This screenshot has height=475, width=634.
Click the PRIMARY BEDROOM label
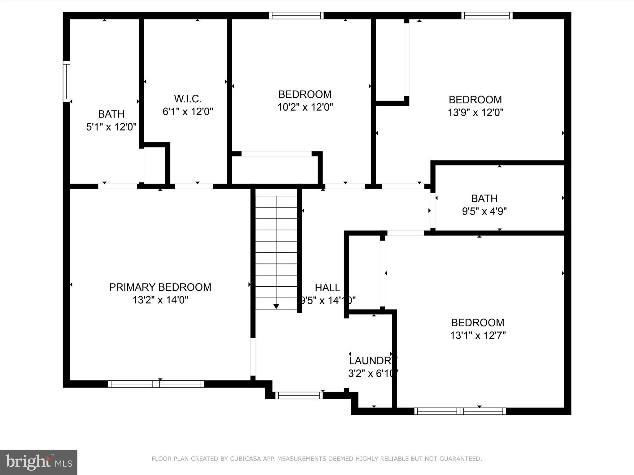tap(160, 287)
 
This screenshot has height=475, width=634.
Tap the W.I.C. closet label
tap(188, 99)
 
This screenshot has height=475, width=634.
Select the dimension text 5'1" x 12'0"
tap(111, 127)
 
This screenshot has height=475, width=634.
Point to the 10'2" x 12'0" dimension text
tap(305, 107)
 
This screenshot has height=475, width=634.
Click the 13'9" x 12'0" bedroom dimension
tap(475, 112)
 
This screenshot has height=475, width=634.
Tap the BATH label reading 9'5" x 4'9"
tap(484, 198)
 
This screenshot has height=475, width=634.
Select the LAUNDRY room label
tap(373, 361)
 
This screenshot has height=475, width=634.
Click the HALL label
tap(328, 288)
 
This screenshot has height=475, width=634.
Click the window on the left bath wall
tap(66, 82)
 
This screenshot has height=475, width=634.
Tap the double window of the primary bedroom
tap(156, 384)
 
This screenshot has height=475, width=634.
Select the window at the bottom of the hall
tap(299, 395)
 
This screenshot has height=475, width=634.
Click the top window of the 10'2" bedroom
tap(296, 15)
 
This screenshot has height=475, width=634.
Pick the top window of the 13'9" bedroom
tap(487, 15)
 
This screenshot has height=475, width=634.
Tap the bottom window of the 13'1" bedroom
tap(460, 411)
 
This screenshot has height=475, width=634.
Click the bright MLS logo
tap(39, 462)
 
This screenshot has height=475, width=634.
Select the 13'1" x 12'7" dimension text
tap(478, 336)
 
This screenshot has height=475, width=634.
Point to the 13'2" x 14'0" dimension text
tap(160, 300)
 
